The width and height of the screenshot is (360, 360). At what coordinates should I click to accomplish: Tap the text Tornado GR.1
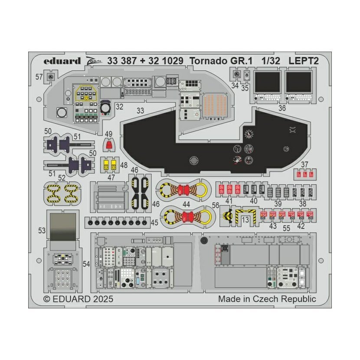coord(220,61)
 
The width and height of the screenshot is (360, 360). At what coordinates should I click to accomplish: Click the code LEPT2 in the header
coord(304,61)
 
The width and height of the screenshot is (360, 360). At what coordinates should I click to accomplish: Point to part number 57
coord(39,77)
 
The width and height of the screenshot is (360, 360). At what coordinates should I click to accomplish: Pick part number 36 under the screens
coord(282,108)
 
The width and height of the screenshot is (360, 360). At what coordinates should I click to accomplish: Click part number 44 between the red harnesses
coord(187,203)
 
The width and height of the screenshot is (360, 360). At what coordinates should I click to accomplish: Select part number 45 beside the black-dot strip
coord(154,223)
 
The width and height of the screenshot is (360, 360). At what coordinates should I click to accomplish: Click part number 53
coord(42,231)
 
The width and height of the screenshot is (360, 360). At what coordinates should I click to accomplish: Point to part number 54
coord(86,264)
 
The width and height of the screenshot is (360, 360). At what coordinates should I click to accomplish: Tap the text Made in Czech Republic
coord(267,299)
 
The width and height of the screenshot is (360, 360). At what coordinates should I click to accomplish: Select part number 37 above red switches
coord(304,164)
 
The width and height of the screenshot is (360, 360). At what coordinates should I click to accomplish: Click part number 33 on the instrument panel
coord(140,111)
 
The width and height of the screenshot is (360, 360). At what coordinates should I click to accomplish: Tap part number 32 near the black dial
coord(119,106)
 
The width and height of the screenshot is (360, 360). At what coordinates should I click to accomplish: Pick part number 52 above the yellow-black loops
coord(62,177)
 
